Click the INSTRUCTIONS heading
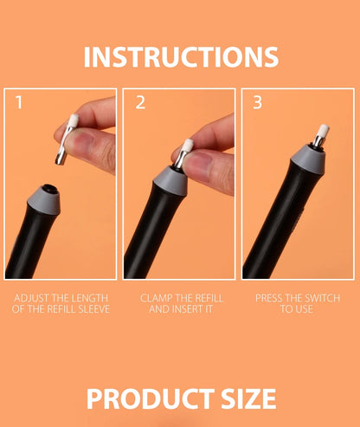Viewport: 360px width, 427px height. (181, 56)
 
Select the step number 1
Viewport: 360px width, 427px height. (20, 103)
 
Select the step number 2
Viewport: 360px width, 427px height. (140, 103)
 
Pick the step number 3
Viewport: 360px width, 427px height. (258, 103)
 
